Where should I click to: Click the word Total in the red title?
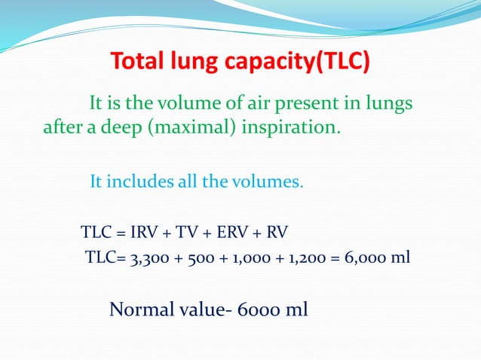139,62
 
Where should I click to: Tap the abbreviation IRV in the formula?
149,230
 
